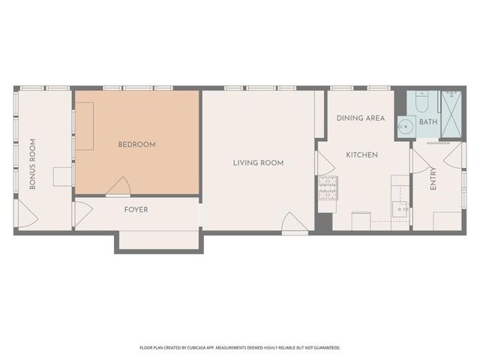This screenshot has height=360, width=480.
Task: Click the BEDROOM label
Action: (137, 145)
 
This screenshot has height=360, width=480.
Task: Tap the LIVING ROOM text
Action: (258, 163)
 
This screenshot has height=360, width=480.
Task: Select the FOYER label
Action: (136, 210)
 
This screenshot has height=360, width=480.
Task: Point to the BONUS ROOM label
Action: (32, 163)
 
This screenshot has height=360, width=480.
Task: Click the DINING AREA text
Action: (361, 118)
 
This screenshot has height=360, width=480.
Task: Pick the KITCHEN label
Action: (361, 155)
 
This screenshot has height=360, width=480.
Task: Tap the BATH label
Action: (428, 122)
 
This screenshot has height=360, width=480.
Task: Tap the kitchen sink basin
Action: (398, 208)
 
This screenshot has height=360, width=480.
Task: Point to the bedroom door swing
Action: (118, 186)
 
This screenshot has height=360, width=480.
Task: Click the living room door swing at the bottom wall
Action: (292, 223)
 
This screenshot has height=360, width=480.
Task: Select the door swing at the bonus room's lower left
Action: (28, 218)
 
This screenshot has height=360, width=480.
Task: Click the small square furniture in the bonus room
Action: (62, 176)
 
